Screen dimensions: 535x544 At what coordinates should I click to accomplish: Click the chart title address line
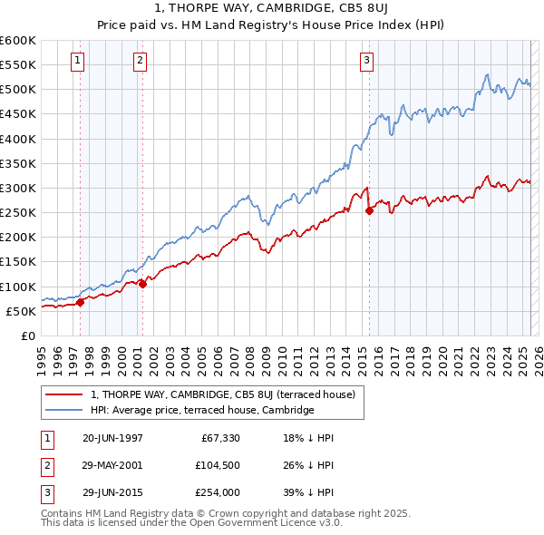272,9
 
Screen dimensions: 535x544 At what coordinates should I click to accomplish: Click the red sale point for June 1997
80,303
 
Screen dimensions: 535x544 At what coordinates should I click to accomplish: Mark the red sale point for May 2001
142,284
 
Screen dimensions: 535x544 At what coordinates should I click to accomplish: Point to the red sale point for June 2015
369,211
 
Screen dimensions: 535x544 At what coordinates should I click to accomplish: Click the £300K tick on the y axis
18,188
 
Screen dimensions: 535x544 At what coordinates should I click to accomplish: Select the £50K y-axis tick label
21,311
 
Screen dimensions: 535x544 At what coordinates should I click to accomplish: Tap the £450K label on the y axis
18,114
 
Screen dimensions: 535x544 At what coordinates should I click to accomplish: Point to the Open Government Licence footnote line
191,523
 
